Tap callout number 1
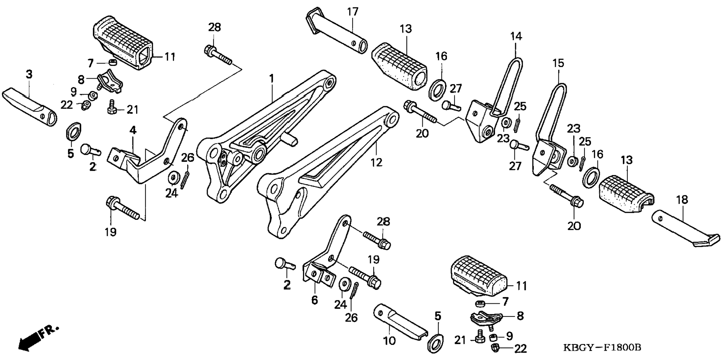click(272, 79)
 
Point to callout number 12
click(377, 162)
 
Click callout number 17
click(352, 12)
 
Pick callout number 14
click(516, 37)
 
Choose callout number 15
click(558, 63)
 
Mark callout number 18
click(682, 200)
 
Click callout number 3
click(29, 74)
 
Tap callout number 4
click(133, 130)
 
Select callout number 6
click(315, 300)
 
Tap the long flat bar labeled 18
click(682, 231)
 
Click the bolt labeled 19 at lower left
click(123, 209)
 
